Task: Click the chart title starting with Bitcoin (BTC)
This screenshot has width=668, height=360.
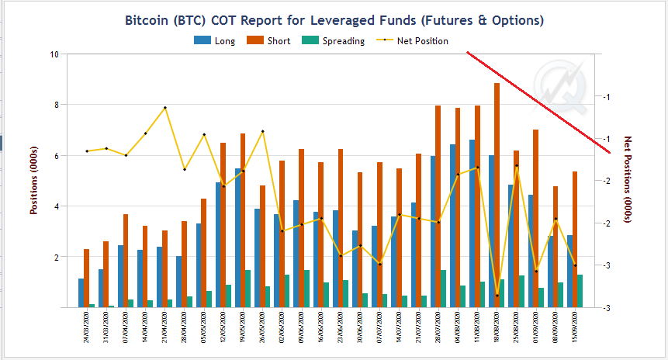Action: [x=334, y=19]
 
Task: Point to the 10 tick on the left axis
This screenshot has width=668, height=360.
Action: [x=54, y=54]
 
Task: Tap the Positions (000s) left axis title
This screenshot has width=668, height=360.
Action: [x=33, y=180]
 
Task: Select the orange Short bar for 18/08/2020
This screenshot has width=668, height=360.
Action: [x=497, y=194]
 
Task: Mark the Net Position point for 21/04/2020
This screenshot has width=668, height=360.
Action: [x=165, y=108]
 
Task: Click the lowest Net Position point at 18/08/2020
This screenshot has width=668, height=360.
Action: [x=497, y=296]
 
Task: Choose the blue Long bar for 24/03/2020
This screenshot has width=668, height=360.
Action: [x=81, y=293]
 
